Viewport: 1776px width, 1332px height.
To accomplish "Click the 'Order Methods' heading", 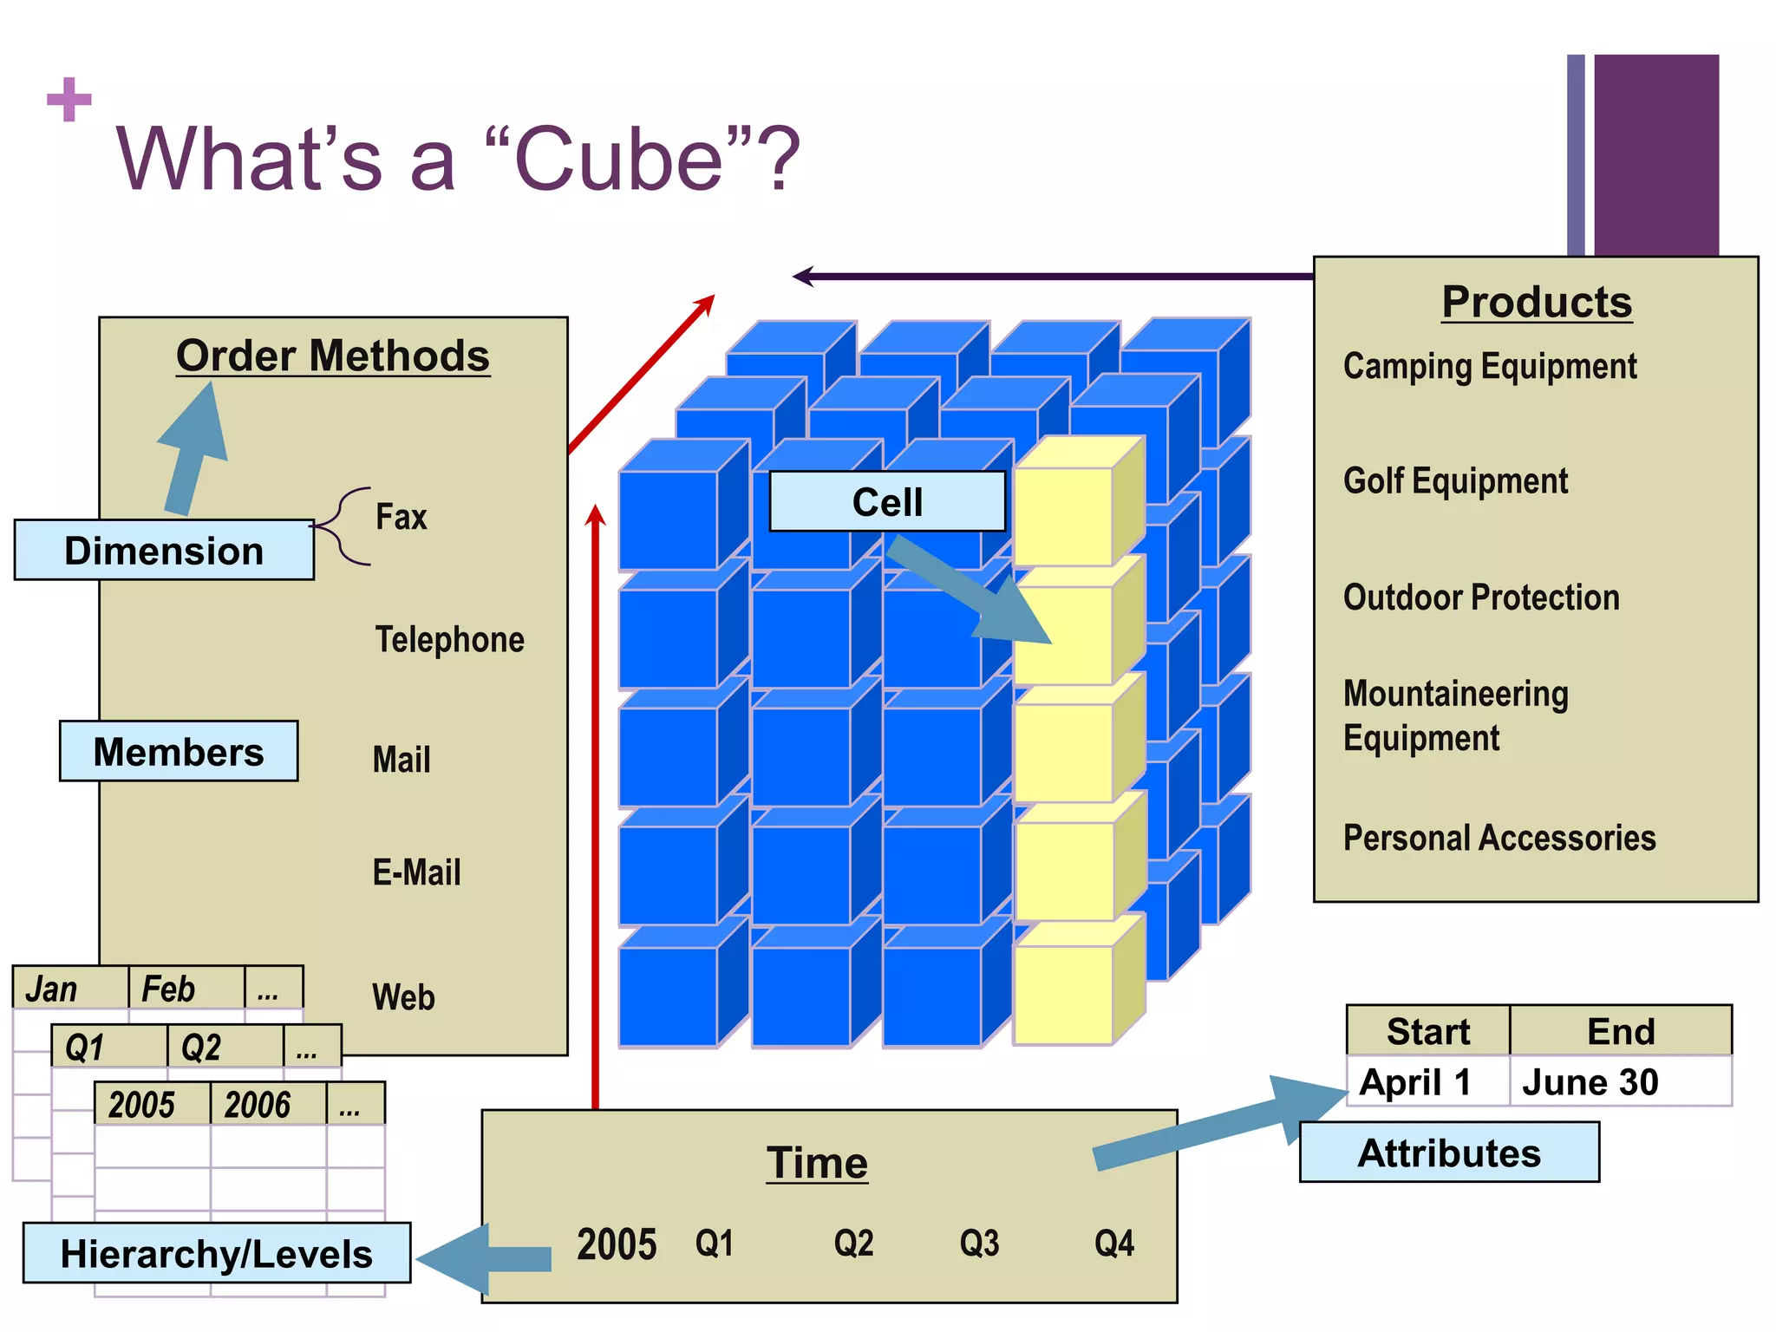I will coord(333,356).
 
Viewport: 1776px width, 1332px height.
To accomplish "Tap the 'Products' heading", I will coord(1537,302).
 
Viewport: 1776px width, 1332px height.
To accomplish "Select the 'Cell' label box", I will coord(887,502).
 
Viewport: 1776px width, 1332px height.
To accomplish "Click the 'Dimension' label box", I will coord(164,551).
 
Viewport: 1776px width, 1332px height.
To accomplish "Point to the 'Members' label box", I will coord(179,752).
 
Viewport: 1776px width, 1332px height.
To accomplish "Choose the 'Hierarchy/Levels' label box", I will coord(217,1254).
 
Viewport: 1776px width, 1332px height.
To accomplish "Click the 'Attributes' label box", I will coord(1449,1153).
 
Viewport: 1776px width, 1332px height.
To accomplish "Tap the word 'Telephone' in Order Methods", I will coord(449,640).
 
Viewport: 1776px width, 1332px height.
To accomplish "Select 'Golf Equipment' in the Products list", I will coord(1455,481).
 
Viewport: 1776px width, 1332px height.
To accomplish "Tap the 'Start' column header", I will coord(1428,1032).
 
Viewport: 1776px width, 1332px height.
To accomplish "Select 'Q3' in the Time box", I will coord(979,1244).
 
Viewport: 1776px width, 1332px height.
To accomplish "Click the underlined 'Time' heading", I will coord(817,1163).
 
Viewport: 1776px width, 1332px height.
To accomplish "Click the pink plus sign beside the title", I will coord(69,100).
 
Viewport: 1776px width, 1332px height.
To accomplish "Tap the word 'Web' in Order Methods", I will coord(403,997).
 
